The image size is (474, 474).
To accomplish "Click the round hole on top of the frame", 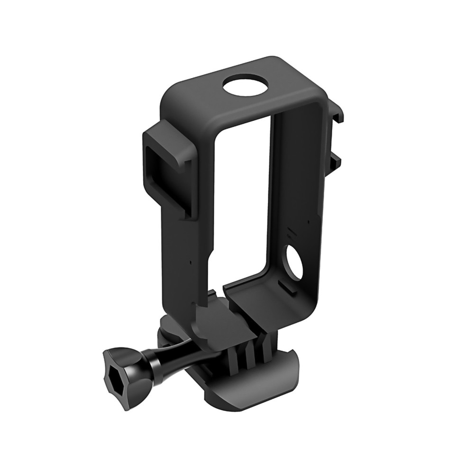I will coord(246,87).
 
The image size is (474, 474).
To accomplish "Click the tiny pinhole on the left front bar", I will coord(190,262).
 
